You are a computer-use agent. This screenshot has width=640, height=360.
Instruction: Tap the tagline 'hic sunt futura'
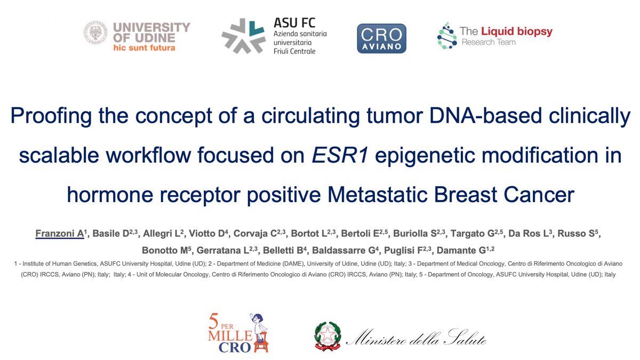143,47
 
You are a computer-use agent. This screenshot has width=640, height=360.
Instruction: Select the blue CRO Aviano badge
381,38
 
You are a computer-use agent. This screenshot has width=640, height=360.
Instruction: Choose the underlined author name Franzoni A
59,233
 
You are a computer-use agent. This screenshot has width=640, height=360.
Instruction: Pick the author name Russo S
582,233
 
